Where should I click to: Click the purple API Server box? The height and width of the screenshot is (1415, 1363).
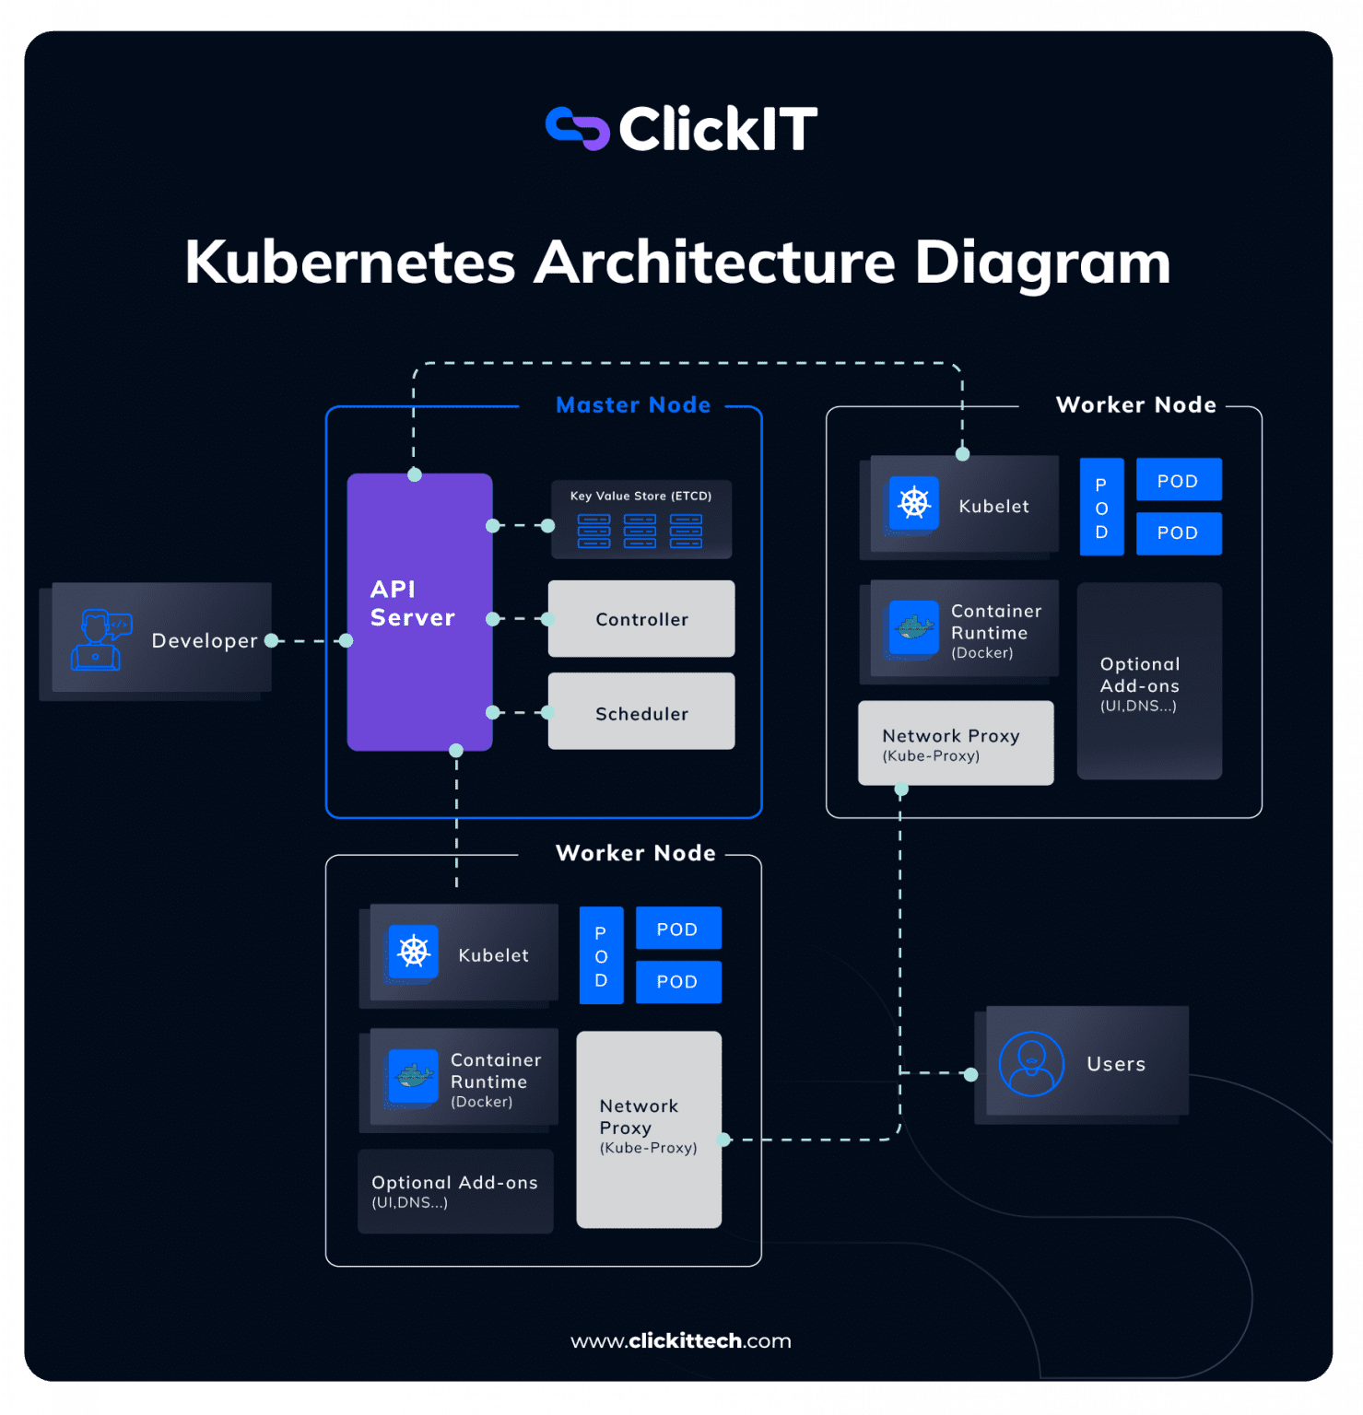(x=419, y=612)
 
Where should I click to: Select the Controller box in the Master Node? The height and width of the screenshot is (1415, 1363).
(x=641, y=619)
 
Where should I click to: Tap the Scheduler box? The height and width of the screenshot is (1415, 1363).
(x=641, y=712)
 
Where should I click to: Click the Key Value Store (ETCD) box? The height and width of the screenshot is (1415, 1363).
(x=641, y=520)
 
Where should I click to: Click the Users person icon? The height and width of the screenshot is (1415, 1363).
(x=1031, y=1064)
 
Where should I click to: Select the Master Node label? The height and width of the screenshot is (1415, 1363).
(x=633, y=405)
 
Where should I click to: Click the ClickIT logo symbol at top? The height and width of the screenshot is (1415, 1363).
(x=578, y=128)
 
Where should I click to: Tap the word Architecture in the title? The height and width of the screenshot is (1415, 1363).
(x=715, y=263)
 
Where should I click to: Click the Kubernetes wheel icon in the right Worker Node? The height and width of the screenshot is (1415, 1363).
(x=913, y=503)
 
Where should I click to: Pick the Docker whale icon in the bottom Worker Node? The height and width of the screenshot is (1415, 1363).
(x=413, y=1075)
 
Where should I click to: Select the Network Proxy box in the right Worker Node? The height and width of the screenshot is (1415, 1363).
(x=956, y=743)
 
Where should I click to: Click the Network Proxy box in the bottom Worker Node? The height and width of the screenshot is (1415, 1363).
(x=649, y=1129)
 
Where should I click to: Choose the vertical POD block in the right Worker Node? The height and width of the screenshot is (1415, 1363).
(x=1101, y=508)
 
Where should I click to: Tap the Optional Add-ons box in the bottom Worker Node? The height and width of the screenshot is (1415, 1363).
(x=455, y=1191)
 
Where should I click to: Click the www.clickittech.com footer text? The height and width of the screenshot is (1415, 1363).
(x=681, y=1341)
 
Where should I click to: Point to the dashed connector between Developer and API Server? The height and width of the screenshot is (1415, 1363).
(x=309, y=641)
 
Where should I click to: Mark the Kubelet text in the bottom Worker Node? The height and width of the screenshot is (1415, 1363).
(x=493, y=955)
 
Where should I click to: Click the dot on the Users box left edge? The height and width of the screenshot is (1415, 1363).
(x=970, y=1074)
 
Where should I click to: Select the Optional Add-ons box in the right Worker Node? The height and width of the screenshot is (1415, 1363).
(x=1149, y=682)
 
